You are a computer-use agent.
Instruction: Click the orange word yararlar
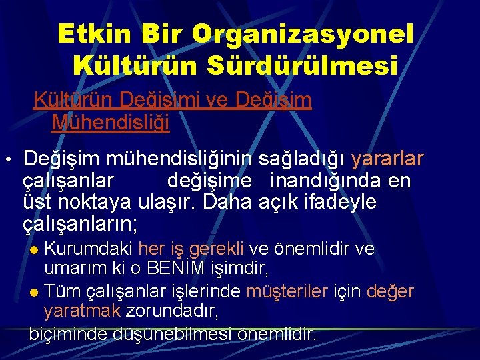pyautogui.click(x=387, y=159)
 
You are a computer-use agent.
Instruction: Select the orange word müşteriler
pyautogui.click(x=288, y=291)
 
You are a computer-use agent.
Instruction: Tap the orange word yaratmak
pyautogui.click(x=82, y=311)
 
